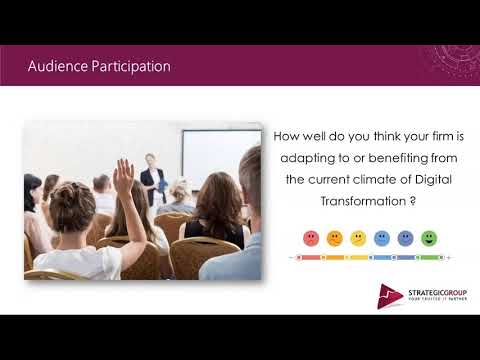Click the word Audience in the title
(x=58, y=67)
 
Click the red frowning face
(x=310, y=238)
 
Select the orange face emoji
(x=334, y=238)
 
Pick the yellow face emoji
(x=358, y=238)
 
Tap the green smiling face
(x=429, y=238)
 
